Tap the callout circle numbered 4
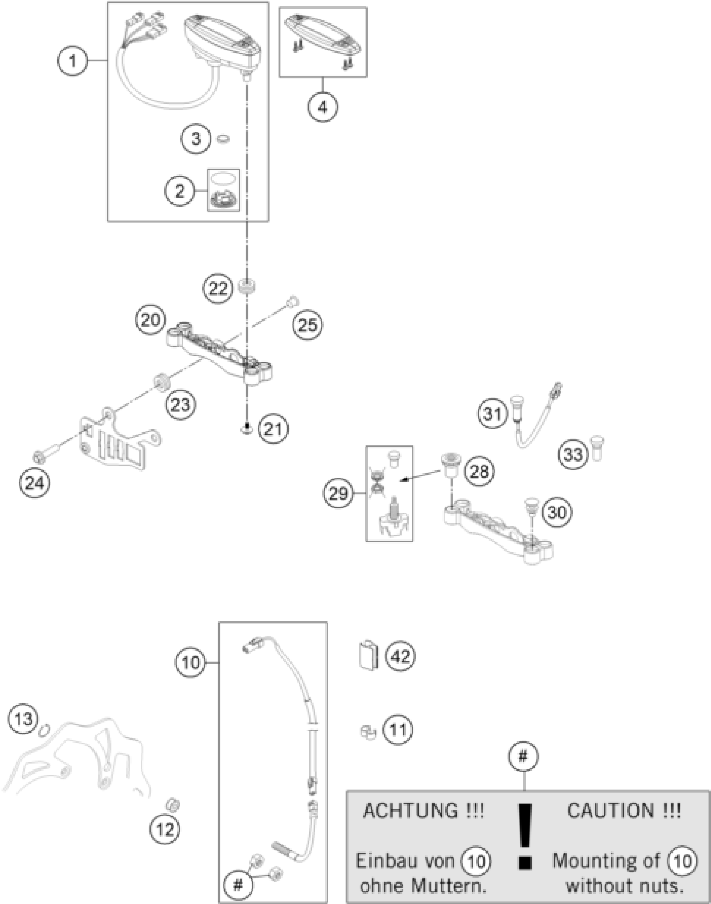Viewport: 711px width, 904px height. pyautogui.click(x=322, y=107)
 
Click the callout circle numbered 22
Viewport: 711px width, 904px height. pyautogui.click(x=217, y=288)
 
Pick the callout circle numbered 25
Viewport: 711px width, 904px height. pyautogui.click(x=308, y=325)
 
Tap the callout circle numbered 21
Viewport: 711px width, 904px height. pyautogui.click(x=274, y=429)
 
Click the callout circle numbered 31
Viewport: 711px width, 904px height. pyautogui.click(x=493, y=414)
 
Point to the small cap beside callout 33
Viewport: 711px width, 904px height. pyautogui.click(x=598, y=448)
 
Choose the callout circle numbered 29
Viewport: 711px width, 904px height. pyautogui.click(x=338, y=493)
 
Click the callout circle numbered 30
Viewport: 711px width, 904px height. pyautogui.click(x=557, y=512)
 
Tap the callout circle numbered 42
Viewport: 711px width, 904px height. pyautogui.click(x=400, y=656)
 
